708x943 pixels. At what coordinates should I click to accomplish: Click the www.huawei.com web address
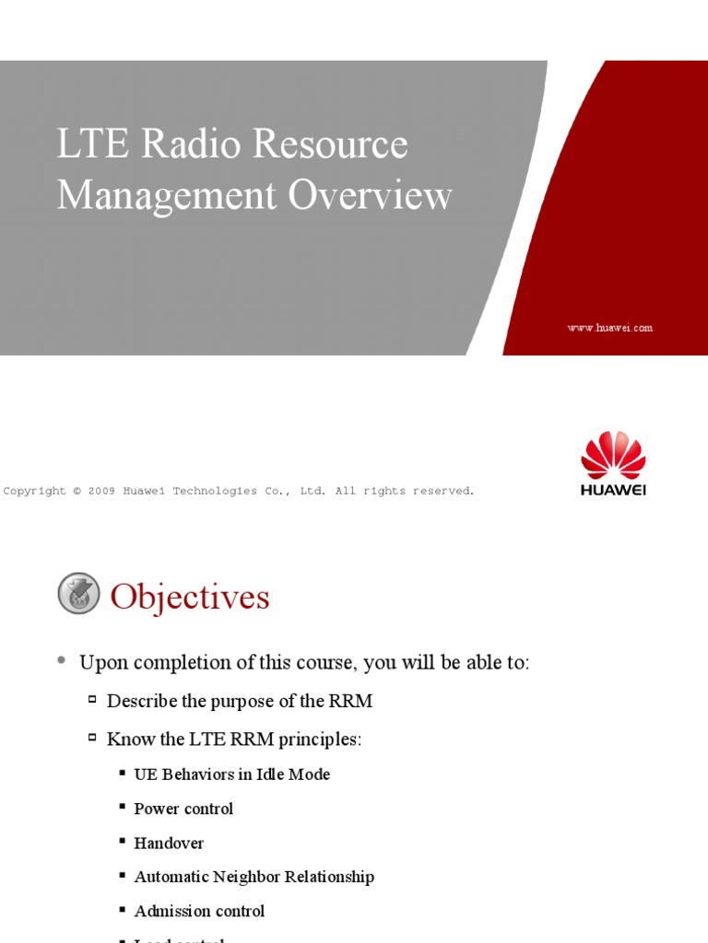(x=609, y=328)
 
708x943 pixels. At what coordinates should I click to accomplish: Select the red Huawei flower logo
(x=613, y=455)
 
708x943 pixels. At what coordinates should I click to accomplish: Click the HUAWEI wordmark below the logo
(x=613, y=490)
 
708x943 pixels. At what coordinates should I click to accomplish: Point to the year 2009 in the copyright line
(x=101, y=491)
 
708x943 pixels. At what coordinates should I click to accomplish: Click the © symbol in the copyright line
(x=77, y=491)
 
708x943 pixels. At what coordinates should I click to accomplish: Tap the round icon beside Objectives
(x=78, y=593)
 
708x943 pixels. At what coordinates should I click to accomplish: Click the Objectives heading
(x=190, y=598)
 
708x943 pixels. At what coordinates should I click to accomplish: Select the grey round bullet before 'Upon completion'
(x=61, y=660)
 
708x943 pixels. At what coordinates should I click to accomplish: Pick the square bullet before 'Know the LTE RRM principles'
(x=92, y=737)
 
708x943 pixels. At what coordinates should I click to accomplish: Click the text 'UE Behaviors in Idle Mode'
(x=231, y=774)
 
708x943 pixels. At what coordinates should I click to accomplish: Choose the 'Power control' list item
(x=183, y=809)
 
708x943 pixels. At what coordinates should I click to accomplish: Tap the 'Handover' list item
(x=169, y=843)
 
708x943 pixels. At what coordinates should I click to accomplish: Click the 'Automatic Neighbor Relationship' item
(x=254, y=877)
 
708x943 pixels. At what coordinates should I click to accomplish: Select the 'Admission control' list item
(x=199, y=911)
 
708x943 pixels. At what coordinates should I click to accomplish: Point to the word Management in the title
(x=166, y=196)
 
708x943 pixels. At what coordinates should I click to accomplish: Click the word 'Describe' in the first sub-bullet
(x=142, y=701)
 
